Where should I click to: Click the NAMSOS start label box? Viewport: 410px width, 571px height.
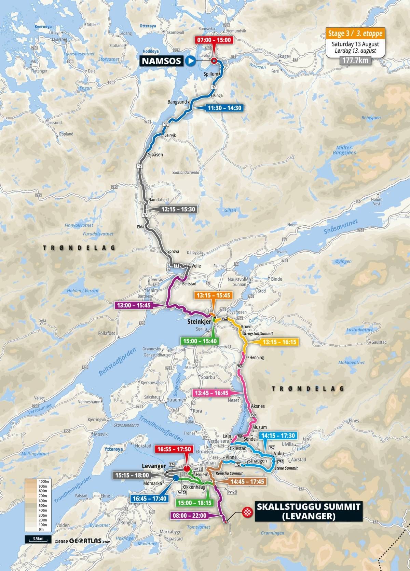162,62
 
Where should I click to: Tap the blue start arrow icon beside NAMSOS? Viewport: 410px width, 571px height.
191,62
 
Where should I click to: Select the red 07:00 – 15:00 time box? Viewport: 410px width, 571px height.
214,40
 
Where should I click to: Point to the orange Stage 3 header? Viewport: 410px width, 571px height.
355,34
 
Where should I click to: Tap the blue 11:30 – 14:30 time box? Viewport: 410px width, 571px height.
224,108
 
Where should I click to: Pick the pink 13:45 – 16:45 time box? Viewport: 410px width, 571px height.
211,393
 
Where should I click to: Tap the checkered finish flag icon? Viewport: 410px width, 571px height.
247,512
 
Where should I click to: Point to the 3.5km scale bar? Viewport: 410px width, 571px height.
38,548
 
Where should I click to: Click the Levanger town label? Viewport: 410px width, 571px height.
153,466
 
